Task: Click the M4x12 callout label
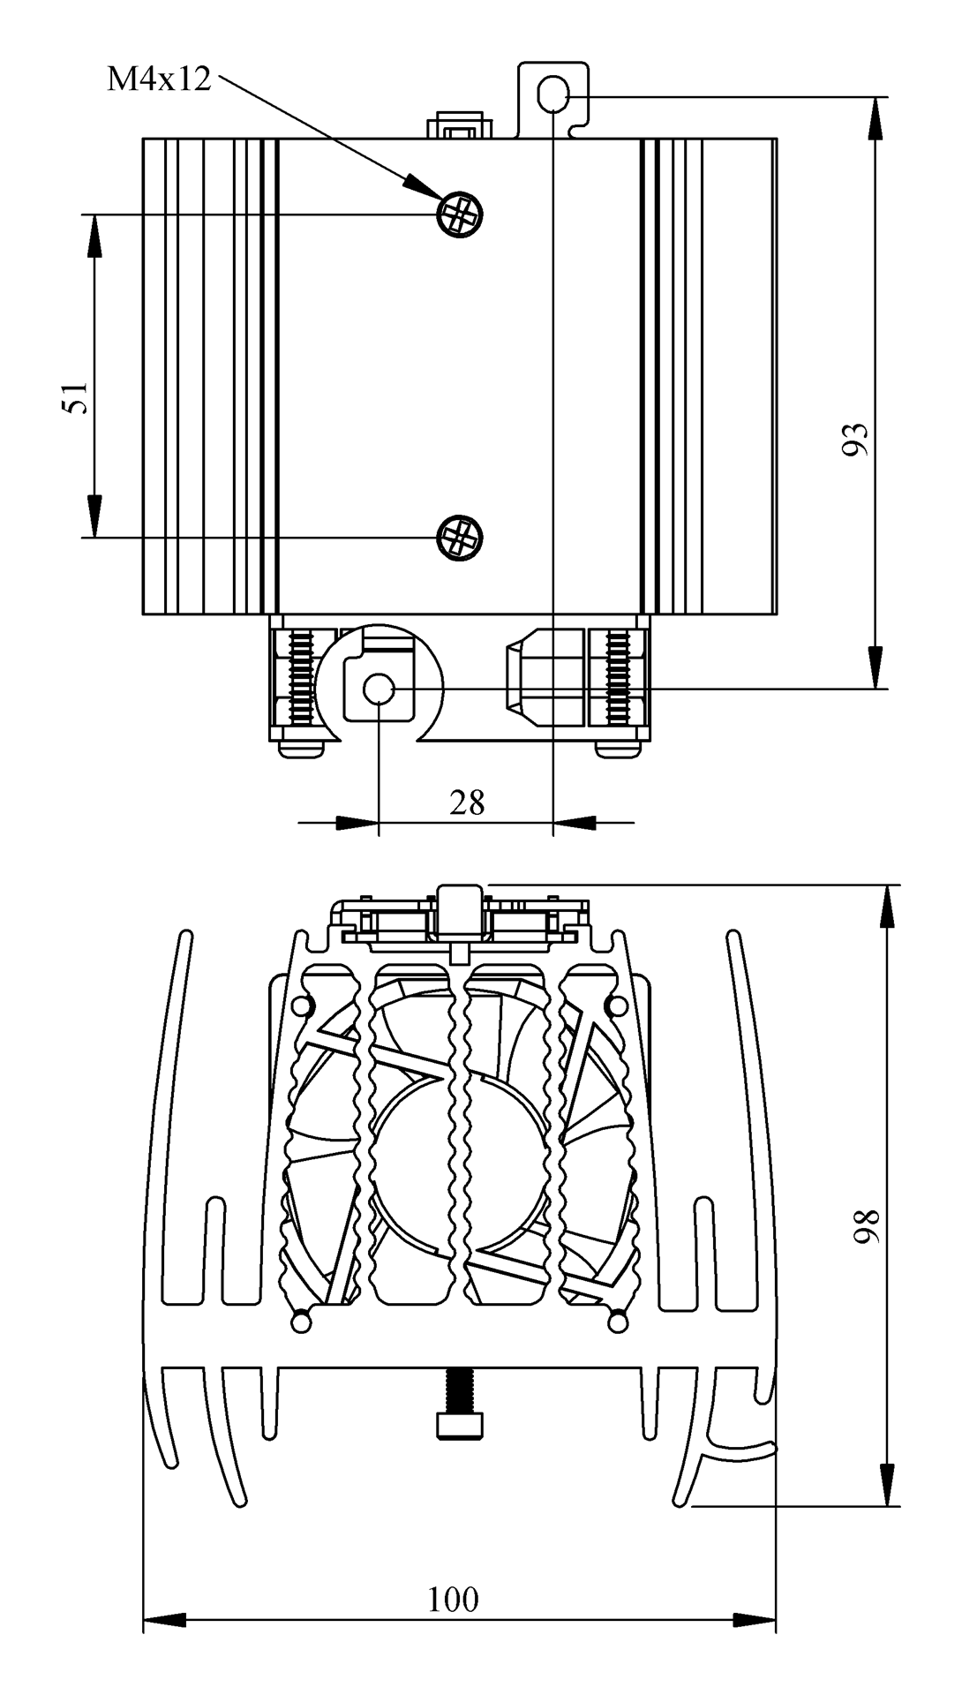159,79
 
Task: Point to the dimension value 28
467,802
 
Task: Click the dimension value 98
868,1226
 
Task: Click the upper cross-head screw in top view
460,214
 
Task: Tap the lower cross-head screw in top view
460,536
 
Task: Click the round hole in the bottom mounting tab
379,688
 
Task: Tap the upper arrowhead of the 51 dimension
93,234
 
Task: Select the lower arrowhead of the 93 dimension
875,667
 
